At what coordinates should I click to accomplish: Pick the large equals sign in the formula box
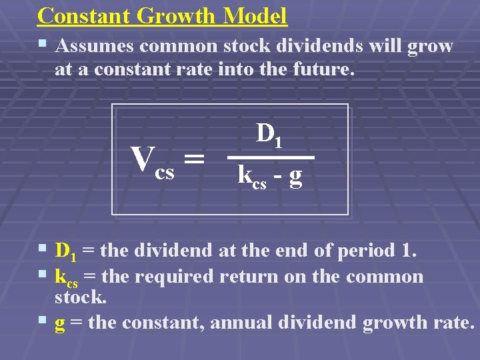(x=193, y=159)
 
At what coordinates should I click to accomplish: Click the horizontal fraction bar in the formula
(x=269, y=157)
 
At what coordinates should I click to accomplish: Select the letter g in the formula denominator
(x=295, y=177)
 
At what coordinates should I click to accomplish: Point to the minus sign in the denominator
(x=277, y=177)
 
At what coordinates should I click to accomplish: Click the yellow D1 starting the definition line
(x=65, y=251)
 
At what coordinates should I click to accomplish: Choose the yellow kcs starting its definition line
(x=66, y=277)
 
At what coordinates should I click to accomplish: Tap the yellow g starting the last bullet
(x=59, y=323)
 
